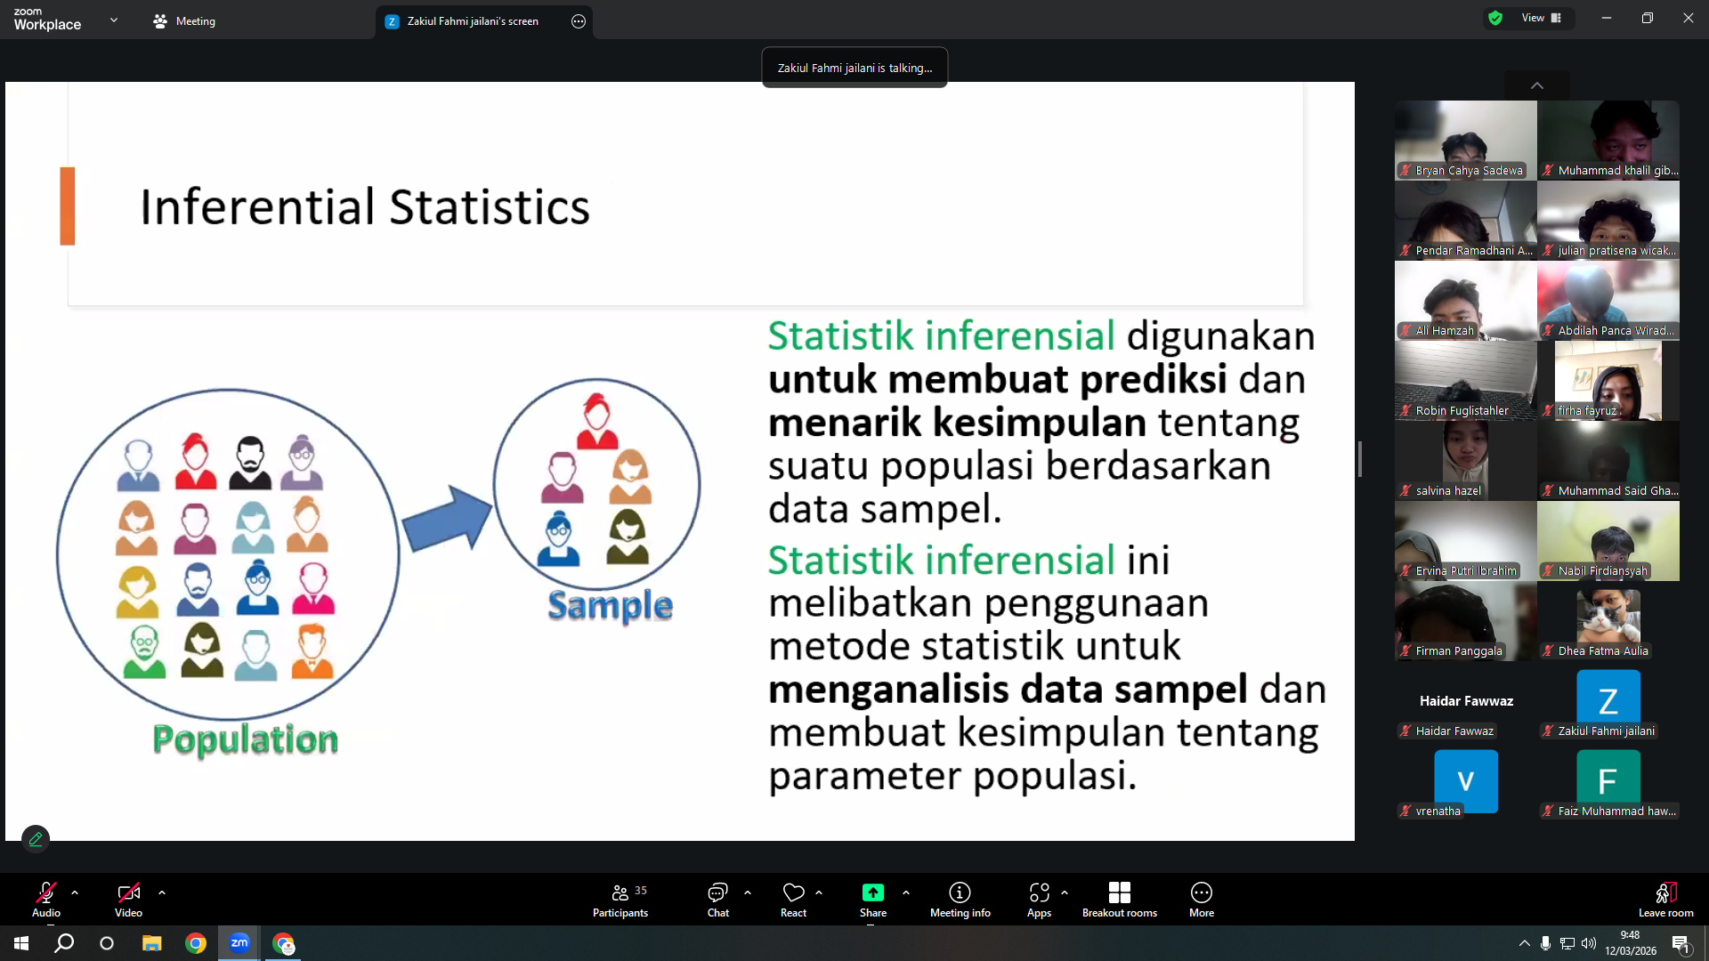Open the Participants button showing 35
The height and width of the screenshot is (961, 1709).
(620, 900)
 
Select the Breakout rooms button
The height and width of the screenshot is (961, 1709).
(1119, 900)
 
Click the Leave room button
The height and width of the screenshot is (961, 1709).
(1665, 900)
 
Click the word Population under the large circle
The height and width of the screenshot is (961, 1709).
(246, 740)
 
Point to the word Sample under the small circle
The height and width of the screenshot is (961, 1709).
(610, 606)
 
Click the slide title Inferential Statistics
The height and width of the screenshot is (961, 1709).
(365, 207)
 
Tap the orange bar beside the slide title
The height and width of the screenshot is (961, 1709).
(68, 206)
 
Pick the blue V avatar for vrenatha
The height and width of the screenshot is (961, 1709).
(1465, 780)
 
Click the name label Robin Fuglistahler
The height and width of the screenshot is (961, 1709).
(1462, 411)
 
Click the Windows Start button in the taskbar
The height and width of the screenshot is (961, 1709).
(21, 943)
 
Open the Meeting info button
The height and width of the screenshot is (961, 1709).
(960, 900)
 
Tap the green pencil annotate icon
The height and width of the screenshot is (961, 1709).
(36, 838)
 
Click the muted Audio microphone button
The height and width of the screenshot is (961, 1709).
(46, 900)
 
